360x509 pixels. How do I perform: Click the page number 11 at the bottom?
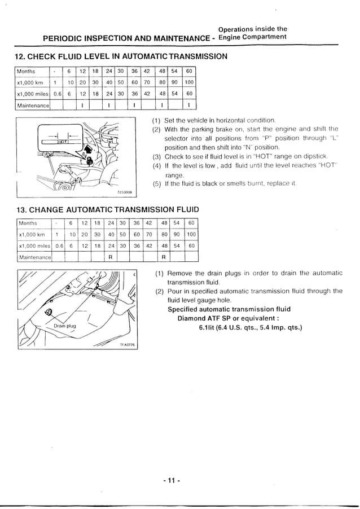click(x=170, y=481)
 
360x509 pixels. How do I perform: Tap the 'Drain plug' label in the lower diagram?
click(x=64, y=326)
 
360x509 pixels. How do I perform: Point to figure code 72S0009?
click(x=124, y=192)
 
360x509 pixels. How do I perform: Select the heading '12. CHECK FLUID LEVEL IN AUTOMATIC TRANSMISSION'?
click(x=120, y=56)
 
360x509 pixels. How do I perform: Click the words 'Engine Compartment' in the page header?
click(x=252, y=37)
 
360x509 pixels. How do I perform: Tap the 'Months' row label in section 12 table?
click(x=26, y=72)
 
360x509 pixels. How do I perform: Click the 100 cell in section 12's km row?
click(x=190, y=82)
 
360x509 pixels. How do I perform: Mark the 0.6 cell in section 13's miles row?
click(x=59, y=246)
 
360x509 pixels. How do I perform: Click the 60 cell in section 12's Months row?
click(x=190, y=72)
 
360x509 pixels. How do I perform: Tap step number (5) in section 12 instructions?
click(x=157, y=183)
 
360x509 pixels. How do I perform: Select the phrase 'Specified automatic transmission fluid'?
click(x=229, y=309)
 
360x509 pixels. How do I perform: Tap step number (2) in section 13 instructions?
click(x=159, y=291)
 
